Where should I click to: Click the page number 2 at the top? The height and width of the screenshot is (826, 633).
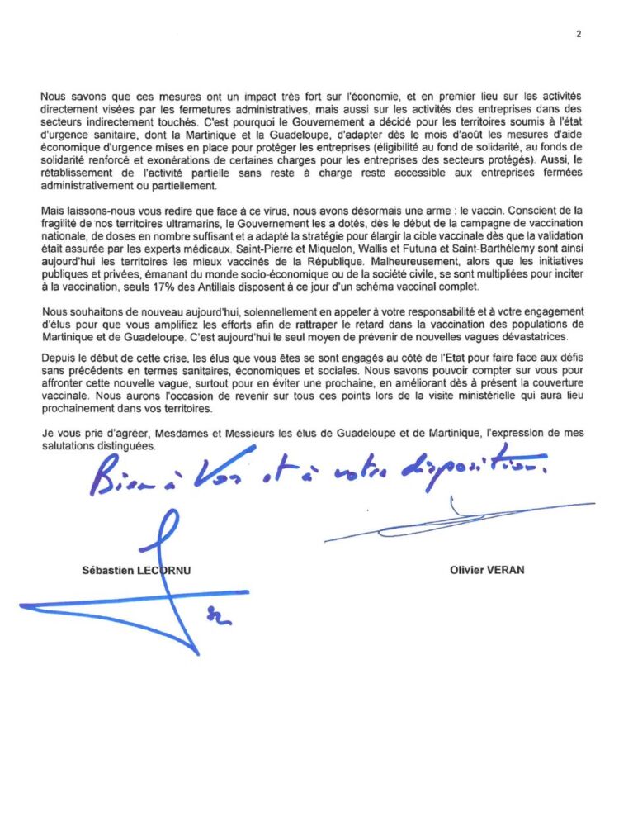(579, 34)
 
